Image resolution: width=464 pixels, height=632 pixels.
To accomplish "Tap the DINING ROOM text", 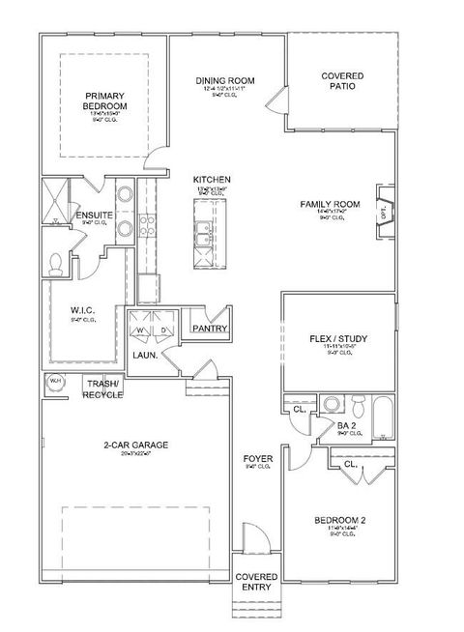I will (x=224, y=81).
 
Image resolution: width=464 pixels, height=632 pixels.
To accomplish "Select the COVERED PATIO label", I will (x=343, y=79).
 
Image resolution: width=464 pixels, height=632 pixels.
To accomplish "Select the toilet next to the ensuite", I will (x=56, y=261).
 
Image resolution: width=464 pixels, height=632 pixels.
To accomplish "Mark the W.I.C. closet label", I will (x=81, y=311).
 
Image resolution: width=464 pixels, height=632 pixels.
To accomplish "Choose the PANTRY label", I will (x=209, y=329).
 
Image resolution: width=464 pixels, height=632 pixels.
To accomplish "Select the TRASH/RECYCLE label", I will (x=102, y=389).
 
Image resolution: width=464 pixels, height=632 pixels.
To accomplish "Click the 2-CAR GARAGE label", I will (x=136, y=445).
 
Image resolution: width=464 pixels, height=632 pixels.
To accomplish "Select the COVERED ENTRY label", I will (x=256, y=582).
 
